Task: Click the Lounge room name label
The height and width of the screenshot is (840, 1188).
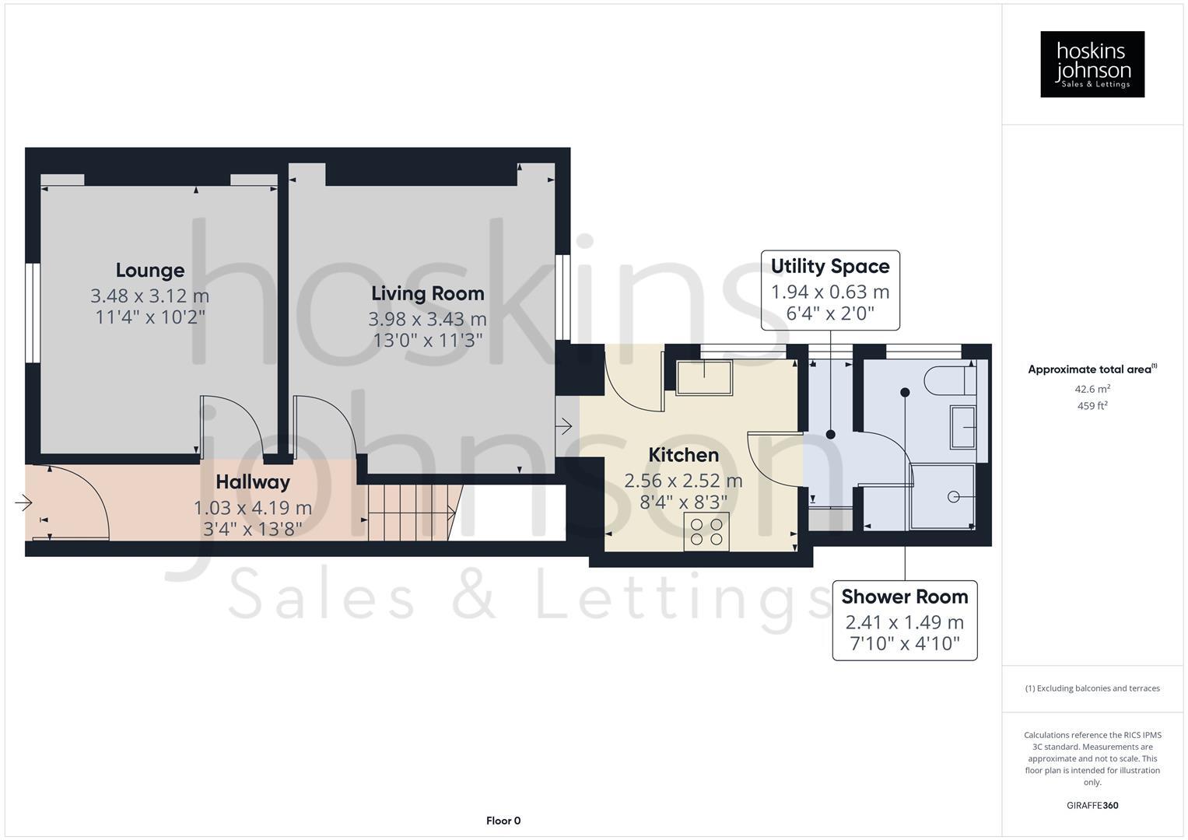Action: [x=150, y=271]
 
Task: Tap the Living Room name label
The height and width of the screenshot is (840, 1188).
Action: [x=427, y=294]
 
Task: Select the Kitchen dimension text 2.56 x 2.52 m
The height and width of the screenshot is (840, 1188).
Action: [x=683, y=481]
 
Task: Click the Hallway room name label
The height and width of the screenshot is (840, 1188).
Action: [x=253, y=482]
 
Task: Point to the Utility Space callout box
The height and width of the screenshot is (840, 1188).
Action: [x=830, y=290]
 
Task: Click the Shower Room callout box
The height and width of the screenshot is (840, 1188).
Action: [x=904, y=621]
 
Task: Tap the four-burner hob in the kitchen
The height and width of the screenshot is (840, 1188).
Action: [x=706, y=531]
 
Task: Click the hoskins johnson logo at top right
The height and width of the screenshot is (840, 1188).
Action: [x=1092, y=65]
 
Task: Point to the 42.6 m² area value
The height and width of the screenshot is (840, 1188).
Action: [x=1092, y=389]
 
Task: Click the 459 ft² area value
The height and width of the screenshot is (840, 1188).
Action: [x=1092, y=406]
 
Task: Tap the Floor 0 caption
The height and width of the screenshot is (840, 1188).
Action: [x=503, y=821]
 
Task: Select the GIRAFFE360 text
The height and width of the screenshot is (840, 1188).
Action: [x=1092, y=805]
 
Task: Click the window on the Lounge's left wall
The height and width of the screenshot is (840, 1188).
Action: [x=32, y=313]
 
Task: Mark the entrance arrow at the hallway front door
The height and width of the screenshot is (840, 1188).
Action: [x=23, y=503]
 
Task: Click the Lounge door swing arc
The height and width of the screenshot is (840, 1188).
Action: [x=226, y=420]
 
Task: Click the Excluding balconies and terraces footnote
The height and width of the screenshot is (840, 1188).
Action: [x=1092, y=688]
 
